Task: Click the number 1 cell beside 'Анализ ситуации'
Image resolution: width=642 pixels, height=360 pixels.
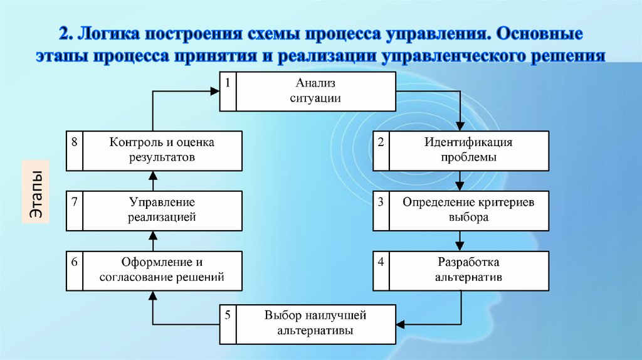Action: pyautogui.click(x=228, y=92)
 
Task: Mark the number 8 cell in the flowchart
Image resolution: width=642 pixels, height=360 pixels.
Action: pyautogui.click(x=75, y=151)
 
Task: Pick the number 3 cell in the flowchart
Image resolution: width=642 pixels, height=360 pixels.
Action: pyautogui.click(x=381, y=210)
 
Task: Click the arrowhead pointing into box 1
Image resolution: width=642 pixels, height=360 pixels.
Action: pyautogui.click(x=214, y=92)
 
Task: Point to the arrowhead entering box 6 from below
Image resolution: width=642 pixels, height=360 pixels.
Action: pyautogui.click(x=153, y=295)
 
